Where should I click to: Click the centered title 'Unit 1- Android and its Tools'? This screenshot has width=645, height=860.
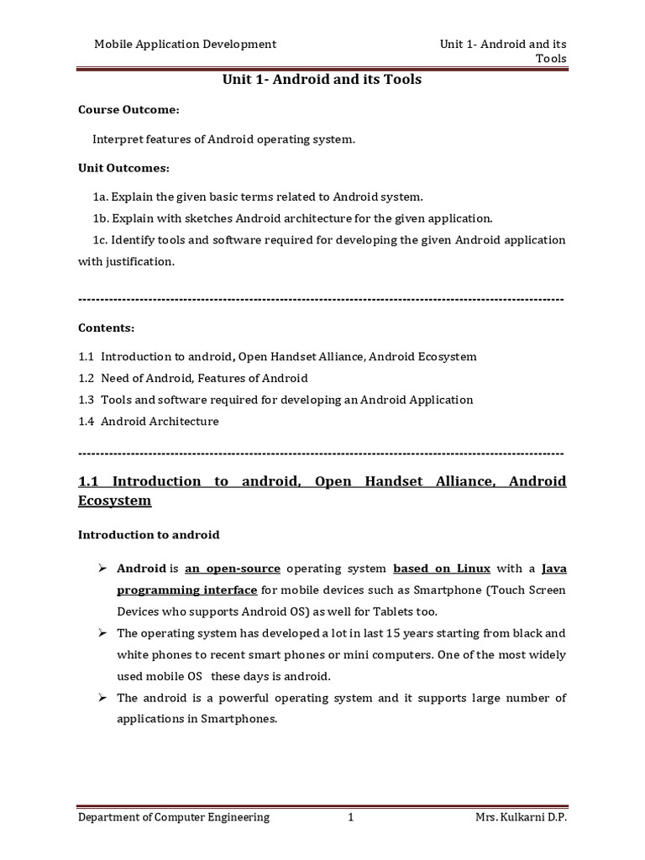[321, 80]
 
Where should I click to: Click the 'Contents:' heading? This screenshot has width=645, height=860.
[106, 328]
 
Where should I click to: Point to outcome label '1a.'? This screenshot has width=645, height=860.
[102, 197]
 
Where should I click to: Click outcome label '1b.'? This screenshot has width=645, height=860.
[102, 218]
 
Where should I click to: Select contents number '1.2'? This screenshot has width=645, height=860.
[87, 378]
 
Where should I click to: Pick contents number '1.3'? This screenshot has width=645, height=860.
[87, 400]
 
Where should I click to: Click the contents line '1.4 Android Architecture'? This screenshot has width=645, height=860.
[148, 422]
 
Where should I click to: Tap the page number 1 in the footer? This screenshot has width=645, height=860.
[351, 817]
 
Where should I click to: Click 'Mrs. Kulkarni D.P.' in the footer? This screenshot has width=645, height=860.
[521, 817]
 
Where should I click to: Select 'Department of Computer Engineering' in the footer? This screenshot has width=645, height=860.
[174, 817]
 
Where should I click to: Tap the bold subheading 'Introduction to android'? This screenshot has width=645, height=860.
[149, 534]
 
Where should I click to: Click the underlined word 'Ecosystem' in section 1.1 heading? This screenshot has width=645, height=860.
[115, 501]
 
